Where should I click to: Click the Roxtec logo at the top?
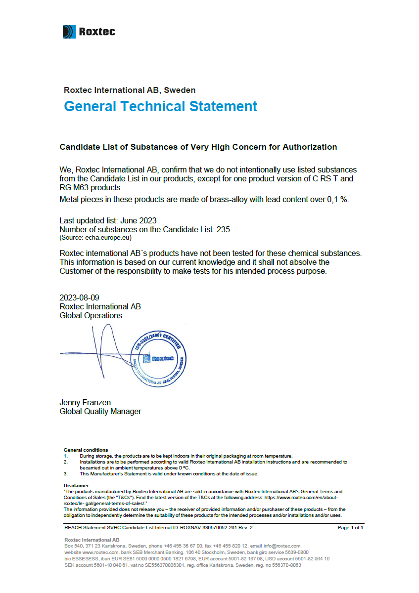pos(89,32)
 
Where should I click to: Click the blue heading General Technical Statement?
pos(160,106)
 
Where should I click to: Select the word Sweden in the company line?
pos(180,90)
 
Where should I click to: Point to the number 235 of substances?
pos(224,229)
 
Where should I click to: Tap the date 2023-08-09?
pos(79,297)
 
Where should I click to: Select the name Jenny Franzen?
pos(85,402)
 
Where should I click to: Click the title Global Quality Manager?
pos(100,411)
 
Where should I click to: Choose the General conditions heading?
pos(86,450)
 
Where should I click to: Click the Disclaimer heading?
pos(76,485)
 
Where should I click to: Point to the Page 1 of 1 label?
pos(350,528)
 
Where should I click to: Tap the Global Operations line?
pos(91,315)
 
